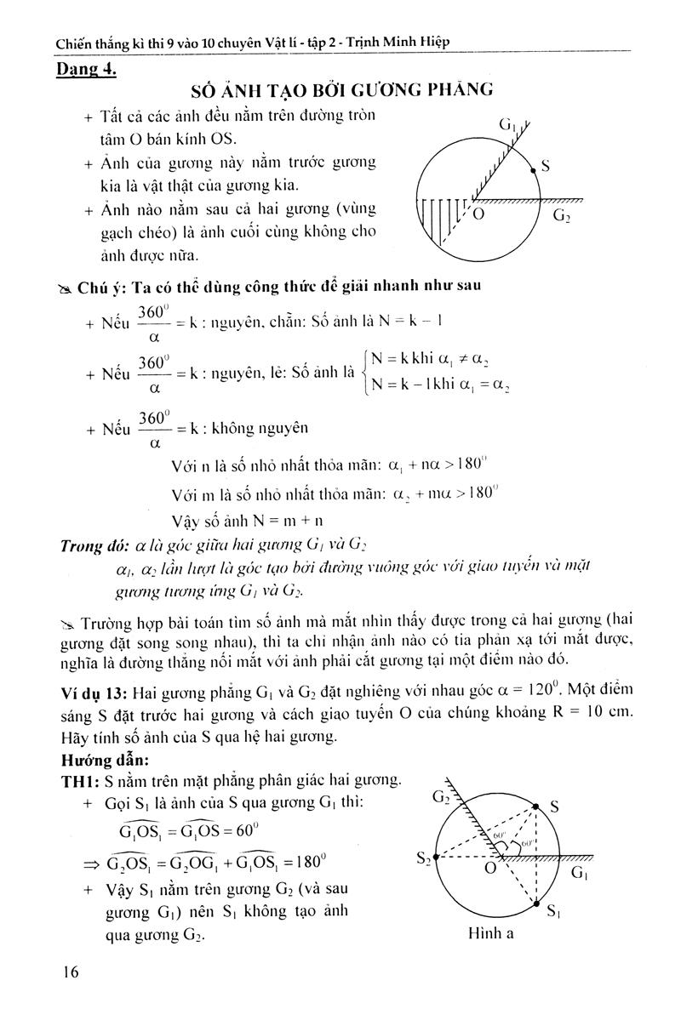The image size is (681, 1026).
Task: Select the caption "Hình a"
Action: pyautogui.click(x=491, y=933)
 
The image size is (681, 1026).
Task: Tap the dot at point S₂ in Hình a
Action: pyautogui.click(x=436, y=858)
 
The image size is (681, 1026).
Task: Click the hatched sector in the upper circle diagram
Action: pyautogui.click(x=440, y=221)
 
